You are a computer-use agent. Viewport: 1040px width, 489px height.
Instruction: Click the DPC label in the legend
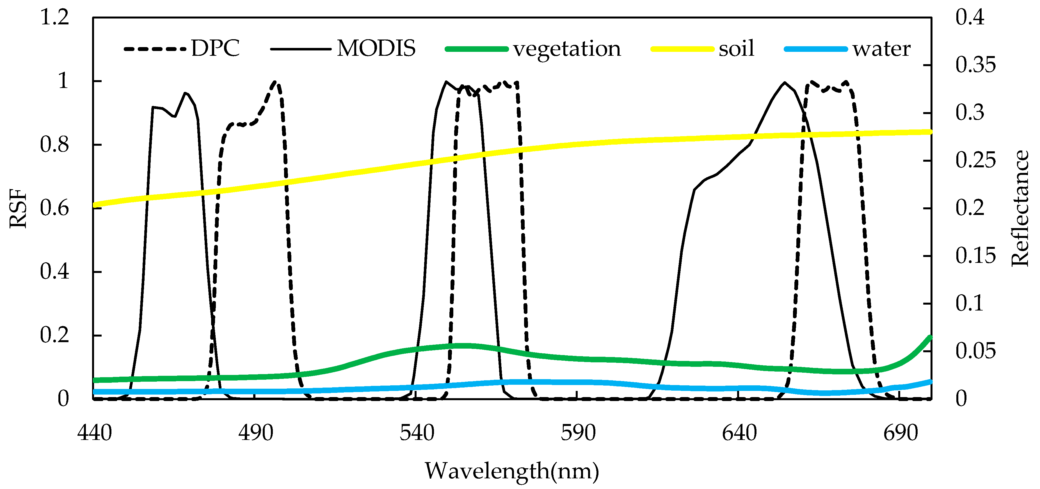pos(215,48)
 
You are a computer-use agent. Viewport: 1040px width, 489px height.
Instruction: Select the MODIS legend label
pos(376,48)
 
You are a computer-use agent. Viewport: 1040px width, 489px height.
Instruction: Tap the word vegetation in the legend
pos(567,49)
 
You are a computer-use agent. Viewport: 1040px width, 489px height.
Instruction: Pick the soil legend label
pos(736,48)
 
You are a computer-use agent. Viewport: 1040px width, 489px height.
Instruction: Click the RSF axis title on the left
pos(18,208)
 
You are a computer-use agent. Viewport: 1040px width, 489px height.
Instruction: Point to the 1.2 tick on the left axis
pos(54,18)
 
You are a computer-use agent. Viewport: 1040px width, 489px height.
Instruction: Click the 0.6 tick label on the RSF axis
pos(54,208)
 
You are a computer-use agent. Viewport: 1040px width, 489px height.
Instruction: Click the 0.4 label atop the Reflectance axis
pos(970,18)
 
